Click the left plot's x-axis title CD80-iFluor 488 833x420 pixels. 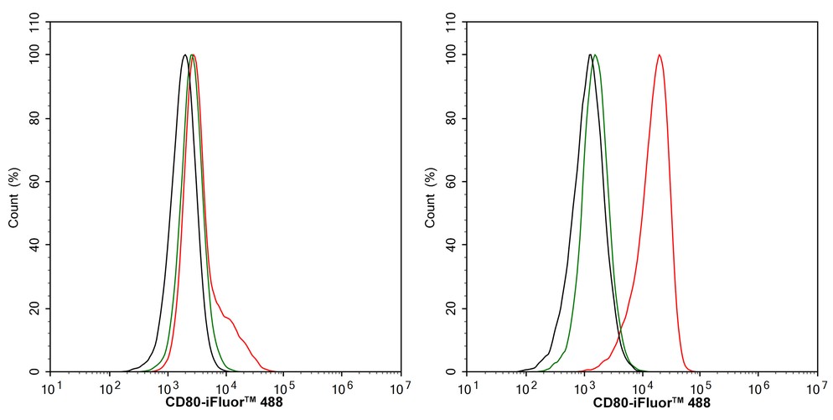tap(225, 403)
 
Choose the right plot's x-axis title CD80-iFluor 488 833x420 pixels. tap(641, 403)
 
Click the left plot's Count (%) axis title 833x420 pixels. tap(14, 198)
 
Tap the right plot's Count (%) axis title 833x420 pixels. tap(431, 198)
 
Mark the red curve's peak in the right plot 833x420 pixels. tap(660, 55)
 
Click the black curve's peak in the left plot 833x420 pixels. tap(184, 55)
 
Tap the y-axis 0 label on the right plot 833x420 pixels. tap(453, 371)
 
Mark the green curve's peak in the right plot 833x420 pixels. tap(595, 55)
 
